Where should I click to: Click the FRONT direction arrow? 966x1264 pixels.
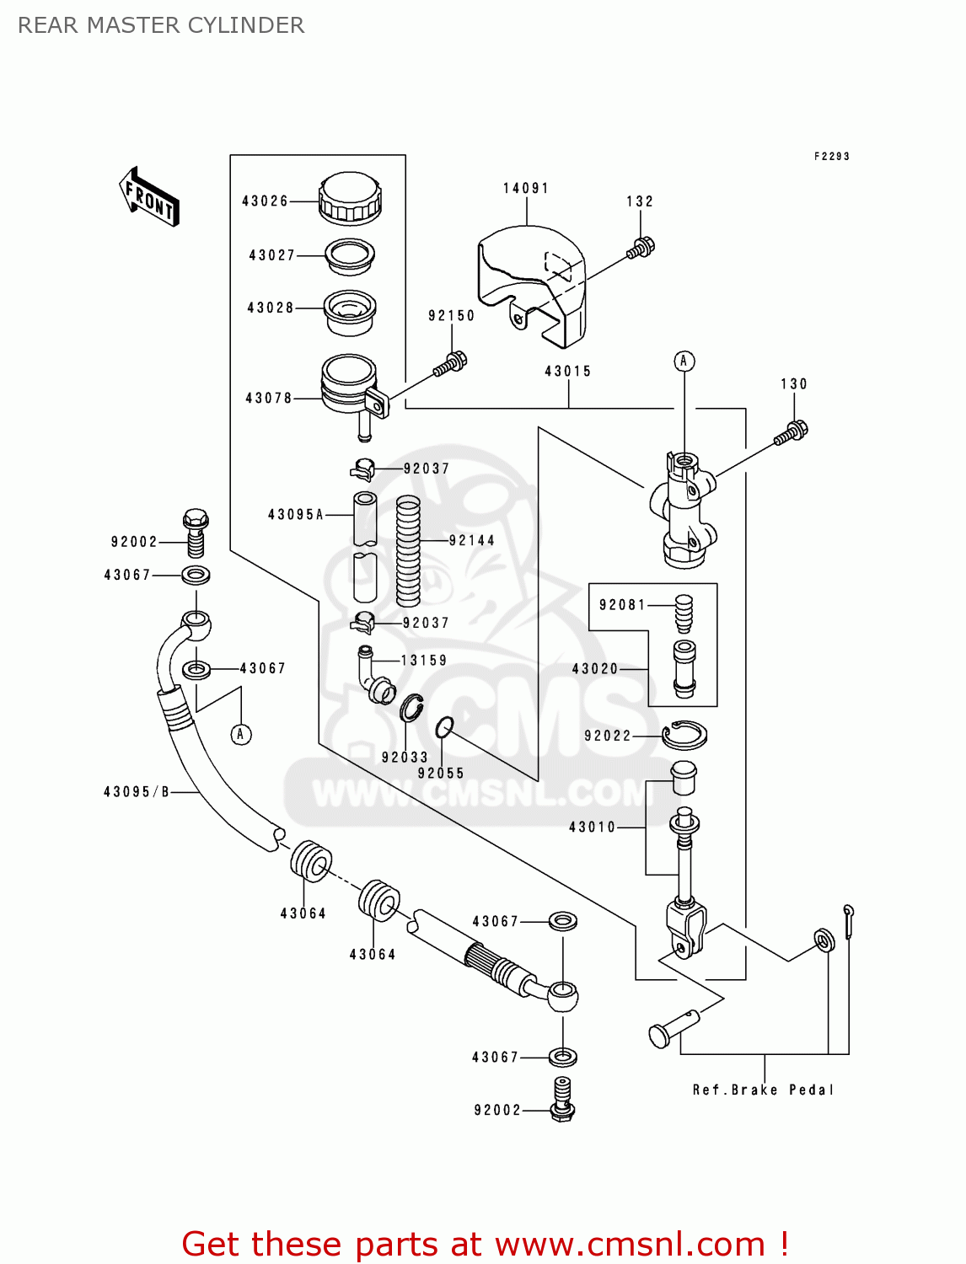pos(150,197)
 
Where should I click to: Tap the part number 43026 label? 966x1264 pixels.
pos(265,201)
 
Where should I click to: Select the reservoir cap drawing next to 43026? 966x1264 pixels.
pos(350,199)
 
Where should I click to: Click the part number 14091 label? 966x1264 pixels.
pos(525,189)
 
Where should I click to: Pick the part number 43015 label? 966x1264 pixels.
pos(567,372)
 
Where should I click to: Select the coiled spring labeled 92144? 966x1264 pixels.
pos(408,551)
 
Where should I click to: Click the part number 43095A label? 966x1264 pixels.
pos(296,515)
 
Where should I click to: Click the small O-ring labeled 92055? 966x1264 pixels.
pos(444,726)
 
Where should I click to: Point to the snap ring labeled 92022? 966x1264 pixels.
pos(684,735)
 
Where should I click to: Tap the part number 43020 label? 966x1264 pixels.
pos(595,669)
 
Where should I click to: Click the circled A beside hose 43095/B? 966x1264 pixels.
pos(241,735)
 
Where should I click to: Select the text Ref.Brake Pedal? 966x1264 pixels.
pos(763,1090)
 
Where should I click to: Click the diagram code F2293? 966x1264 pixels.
pos(831,157)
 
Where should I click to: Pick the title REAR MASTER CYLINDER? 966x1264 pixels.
pos(161,26)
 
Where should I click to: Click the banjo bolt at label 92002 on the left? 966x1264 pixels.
pos(196,533)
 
